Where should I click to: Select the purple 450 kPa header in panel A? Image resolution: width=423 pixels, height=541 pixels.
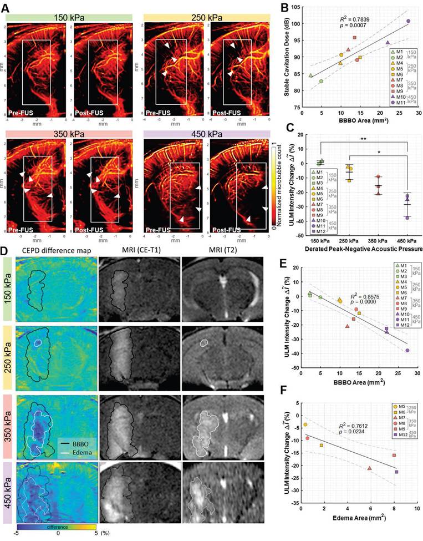206,134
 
